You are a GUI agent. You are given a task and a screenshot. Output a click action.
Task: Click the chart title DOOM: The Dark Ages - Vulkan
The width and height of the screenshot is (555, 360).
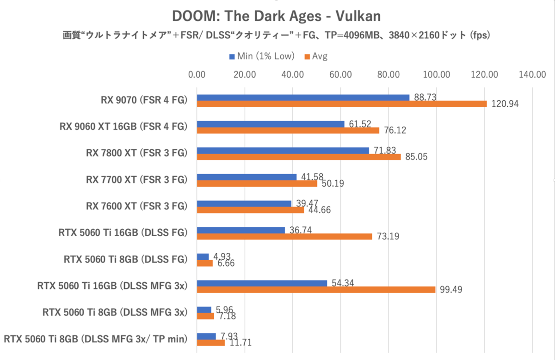276,16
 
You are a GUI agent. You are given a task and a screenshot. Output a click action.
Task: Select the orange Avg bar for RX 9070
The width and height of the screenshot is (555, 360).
342,104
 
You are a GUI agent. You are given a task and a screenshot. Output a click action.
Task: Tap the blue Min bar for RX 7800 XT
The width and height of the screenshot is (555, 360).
283,151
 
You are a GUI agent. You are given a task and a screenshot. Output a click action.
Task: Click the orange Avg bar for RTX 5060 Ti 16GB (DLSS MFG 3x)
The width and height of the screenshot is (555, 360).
316,290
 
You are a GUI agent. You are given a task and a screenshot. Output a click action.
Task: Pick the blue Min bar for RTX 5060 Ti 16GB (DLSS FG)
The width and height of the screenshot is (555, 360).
241,230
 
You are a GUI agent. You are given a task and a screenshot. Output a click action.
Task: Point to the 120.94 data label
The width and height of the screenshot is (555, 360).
506,104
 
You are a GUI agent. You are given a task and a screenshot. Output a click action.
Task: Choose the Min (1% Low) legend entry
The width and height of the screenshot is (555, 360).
262,56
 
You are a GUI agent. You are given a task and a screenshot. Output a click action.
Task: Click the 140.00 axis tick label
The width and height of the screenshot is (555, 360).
533,74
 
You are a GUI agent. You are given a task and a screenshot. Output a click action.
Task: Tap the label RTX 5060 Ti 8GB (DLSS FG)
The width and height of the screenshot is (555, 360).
125,259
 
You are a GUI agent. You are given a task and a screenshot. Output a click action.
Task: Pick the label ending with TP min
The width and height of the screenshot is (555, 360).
95,339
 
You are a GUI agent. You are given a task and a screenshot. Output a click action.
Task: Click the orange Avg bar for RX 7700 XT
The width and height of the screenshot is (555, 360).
257,183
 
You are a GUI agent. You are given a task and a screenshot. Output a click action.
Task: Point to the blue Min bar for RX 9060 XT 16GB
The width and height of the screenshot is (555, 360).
271,124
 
